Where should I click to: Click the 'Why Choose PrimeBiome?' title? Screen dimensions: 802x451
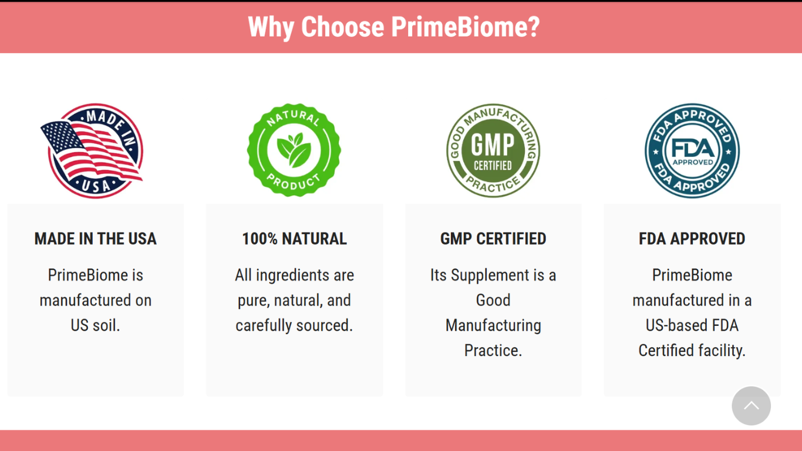click(x=393, y=27)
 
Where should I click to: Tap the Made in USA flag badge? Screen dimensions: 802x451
click(x=92, y=151)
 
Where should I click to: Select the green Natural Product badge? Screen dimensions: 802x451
click(x=294, y=150)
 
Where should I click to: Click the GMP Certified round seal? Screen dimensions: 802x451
click(x=493, y=150)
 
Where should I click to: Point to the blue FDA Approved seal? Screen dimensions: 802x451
click(x=692, y=150)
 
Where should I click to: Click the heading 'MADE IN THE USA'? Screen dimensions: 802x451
click(x=95, y=239)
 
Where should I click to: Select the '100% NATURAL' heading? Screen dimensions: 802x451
click(x=294, y=239)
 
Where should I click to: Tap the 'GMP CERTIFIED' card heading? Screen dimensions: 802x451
click(x=493, y=239)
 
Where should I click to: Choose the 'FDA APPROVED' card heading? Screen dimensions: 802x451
click(x=692, y=239)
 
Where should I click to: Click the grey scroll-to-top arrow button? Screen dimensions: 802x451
click(x=751, y=406)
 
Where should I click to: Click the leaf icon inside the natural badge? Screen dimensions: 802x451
click(x=294, y=150)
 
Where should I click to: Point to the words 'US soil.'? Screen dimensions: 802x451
click(x=95, y=325)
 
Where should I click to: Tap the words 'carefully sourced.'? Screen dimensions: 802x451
click(x=294, y=325)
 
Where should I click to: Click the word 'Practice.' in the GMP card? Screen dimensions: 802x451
click(x=493, y=351)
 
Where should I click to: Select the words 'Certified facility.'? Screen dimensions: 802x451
click(x=692, y=351)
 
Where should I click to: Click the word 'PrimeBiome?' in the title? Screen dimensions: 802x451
click(x=465, y=27)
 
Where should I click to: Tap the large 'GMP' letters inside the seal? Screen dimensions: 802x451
click(x=493, y=144)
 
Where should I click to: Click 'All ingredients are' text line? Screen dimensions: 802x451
click(x=294, y=275)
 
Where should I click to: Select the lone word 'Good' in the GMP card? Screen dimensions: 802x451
click(x=493, y=301)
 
